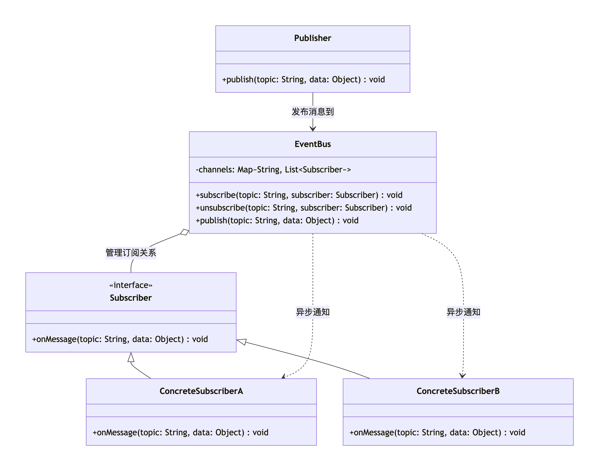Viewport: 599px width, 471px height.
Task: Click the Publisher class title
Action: (312, 38)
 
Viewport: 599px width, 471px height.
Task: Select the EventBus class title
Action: (312, 144)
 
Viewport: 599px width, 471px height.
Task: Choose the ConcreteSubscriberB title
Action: (458, 391)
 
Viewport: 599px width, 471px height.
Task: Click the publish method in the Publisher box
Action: (303, 80)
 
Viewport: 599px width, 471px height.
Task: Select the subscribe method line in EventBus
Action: (299, 195)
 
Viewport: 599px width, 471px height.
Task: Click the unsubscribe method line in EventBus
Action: (303, 208)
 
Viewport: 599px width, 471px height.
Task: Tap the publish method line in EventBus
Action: (277, 220)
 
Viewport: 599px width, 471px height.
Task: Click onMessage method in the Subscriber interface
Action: (120, 339)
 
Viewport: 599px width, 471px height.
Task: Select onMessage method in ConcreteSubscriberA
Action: (180, 432)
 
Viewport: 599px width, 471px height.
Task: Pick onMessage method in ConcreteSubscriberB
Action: (437, 432)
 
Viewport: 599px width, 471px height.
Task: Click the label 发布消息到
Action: (312, 112)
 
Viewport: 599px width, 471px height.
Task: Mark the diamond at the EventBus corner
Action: (184, 232)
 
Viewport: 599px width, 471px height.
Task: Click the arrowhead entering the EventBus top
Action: (312, 128)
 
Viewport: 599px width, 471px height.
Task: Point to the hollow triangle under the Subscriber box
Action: (131, 357)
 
